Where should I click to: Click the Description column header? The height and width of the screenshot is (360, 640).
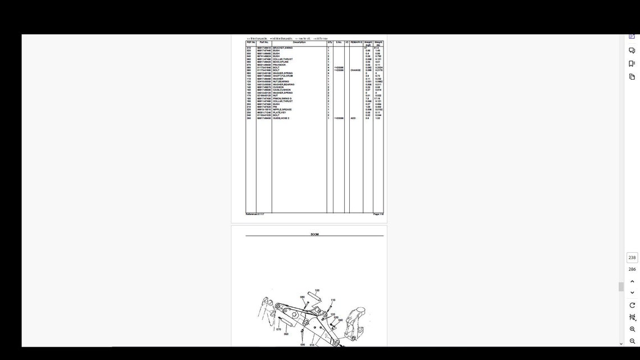pyautogui.click(x=299, y=42)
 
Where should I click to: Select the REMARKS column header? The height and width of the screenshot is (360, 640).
pyautogui.click(x=356, y=42)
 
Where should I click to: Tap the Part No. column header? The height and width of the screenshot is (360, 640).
pyautogui.click(x=264, y=42)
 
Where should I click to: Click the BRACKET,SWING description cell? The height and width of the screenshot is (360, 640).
pyautogui.click(x=282, y=48)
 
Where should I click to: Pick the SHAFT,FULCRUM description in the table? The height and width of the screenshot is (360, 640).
pyautogui.click(x=283, y=76)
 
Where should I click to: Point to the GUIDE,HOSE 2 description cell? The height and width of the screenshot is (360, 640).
pyautogui.click(x=281, y=119)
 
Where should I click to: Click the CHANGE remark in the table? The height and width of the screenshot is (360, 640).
pyautogui.click(x=355, y=70)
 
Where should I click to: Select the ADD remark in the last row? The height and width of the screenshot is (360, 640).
pyautogui.click(x=353, y=119)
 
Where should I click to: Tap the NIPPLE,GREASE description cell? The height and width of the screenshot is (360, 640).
pyautogui.click(x=282, y=110)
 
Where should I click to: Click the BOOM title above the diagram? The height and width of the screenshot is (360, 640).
pyautogui.click(x=314, y=234)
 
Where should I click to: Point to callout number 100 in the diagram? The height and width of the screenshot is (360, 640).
pyautogui.click(x=317, y=290)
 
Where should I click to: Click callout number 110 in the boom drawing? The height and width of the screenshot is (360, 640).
pyautogui.click(x=333, y=300)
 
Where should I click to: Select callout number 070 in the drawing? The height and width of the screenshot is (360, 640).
pyautogui.click(x=278, y=330)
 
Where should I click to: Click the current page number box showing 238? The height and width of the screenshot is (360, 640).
pyautogui.click(x=632, y=257)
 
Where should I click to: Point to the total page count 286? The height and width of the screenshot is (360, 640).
pyautogui.click(x=632, y=269)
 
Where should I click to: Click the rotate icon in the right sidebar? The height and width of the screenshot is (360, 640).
pyautogui.click(x=632, y=305)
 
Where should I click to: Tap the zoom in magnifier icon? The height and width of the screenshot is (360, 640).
pyautogui.click(x=632, y=329)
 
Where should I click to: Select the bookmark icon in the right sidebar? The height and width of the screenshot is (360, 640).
pyautogui.click(x=632, y=63)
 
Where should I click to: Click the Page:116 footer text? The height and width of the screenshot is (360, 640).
pyautogui.click(x=378, y=214)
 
